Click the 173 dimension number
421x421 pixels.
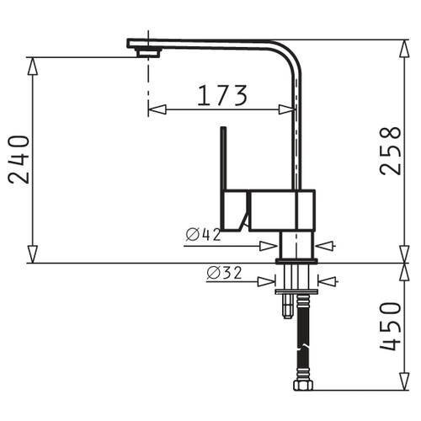[222, 96]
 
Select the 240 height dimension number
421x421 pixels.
[19, 160]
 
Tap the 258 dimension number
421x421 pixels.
[390, 151]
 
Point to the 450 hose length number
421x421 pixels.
[390, 327]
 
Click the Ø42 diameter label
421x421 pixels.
[204, 235]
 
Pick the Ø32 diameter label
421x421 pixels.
[224, 273]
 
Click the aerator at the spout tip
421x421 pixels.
[148, 52]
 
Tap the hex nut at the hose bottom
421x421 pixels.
[303, 385]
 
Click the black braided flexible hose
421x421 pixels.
[303, 338]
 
